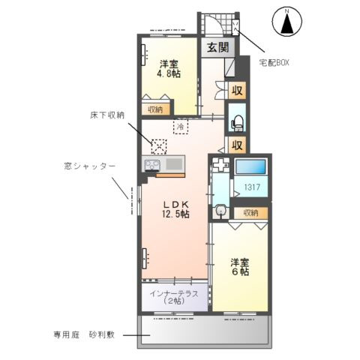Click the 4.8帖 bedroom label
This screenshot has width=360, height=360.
point(168,68)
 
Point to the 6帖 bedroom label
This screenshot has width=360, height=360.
point(239,267)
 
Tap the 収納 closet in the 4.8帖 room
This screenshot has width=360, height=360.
point(155,109)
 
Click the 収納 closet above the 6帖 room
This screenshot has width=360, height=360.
point(248,214)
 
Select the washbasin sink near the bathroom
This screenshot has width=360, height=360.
point(222,211)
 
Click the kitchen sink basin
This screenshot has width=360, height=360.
point(174,164)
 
